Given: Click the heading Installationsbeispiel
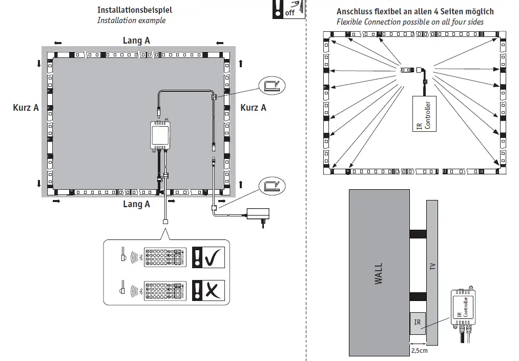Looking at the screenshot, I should pyautogui.click(x=135, y=10).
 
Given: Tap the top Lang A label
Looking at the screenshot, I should pyautogui.click(x=136, y=41).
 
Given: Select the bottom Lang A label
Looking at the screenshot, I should pyautogui.click(x=136, y=204).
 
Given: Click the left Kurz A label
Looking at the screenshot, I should pyautogui.click(x=26, y=108).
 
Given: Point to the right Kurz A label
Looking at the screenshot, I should pyautogui.click(x=253, y=108).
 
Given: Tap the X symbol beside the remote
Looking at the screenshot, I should pyautogui.click(x=210, y=290).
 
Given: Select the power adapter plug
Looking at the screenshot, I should pyautogui.click(x=256, y=213).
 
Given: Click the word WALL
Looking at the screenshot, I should pyautogui.click(x=379, y=274).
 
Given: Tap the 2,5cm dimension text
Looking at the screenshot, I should pyautogui.click(x=419, y=351).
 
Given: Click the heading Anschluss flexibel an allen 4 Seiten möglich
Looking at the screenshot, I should pyautogui.click(x=415, y=12).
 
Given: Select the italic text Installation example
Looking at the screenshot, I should pyautogui.click(x=131, y=21).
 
